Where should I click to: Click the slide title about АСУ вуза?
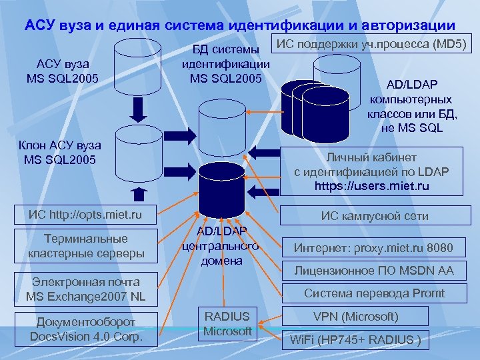[x=240, y=25]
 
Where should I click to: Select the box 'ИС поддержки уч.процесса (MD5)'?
[x=373, y=45]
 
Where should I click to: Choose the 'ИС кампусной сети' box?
[x=375, y=215]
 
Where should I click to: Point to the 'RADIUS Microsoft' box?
[x=227, y=324]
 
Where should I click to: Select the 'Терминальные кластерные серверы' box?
[x=86, y=246]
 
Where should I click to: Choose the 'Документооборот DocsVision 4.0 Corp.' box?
[x=86, y=329]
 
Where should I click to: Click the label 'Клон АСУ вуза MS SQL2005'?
[x=61, y=152]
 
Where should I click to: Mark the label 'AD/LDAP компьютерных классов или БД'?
[x=412, y=106]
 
